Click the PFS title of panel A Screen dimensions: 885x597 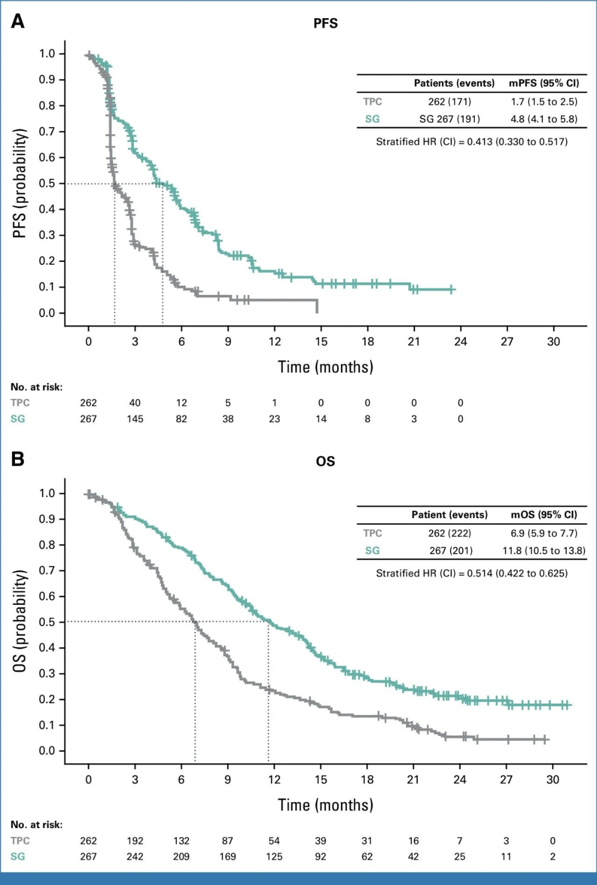pyautogui.click(x=326, y=23)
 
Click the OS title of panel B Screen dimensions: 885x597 pyautogui.click(x=326, y=461)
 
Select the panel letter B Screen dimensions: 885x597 pyautogui.click(x=18, y=459)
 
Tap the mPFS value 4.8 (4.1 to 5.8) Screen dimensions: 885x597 pyautogui.click(x=544, y=119)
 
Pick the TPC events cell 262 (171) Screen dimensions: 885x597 pyautogui.click(x=449, y=102)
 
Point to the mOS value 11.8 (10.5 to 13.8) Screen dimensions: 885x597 pyautogui.click(x=544, y=550)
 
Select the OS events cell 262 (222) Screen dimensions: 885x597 pyautogui.click(x=449, y=533)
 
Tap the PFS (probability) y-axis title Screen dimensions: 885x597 pyautogui.click(x=20, y=183)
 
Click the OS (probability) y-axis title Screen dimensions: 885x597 pyautogui.click(x=20, y=621)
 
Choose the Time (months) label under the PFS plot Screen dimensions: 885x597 pyautogui.click(x=326, y=367)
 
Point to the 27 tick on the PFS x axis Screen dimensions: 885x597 pyautogui.click(x=507, y=342)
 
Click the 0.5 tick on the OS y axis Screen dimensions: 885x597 pyautogui.click(x=47, y=622)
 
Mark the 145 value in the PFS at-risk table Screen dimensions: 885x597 pyautogui.click(x=135, y=419)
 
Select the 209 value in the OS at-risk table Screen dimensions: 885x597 pyautogui.click(x=181, y=856)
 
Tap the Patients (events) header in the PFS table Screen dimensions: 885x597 pyautogui.click(x=454, y=83)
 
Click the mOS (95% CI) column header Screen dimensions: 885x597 pyautogui.click(x=544, y=515)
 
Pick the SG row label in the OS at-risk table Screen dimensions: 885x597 pyautogui.click(x=18, y=856)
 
